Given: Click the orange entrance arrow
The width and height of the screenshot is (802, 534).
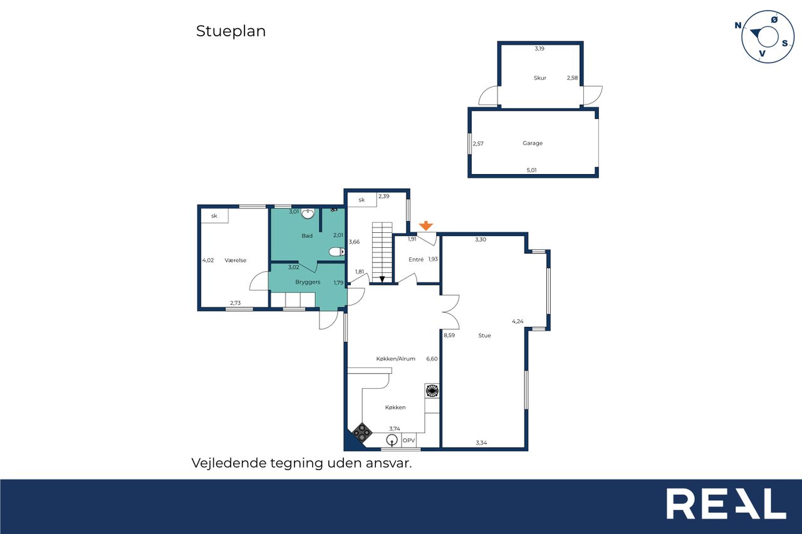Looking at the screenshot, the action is tap(425, 226).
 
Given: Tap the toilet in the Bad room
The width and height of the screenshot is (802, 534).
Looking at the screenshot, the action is tap(336, 252).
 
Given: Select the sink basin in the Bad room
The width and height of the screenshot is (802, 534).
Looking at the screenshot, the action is tap(308, 213).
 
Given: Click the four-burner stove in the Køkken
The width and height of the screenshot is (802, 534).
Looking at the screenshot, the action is tap(362, 433).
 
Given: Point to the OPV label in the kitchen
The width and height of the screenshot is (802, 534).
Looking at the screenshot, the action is tap(409, 440).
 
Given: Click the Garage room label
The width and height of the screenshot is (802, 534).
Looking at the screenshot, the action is tap(533, 143).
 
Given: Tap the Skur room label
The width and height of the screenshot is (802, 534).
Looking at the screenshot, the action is tap(540, 78).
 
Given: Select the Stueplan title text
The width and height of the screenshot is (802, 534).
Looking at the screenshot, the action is tap(231, 31).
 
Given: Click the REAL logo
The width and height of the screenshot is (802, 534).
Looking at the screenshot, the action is tap(726, 503).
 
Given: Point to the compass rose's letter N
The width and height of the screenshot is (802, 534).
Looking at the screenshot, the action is tap(738, 26).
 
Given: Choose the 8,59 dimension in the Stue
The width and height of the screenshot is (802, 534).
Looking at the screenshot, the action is tap(449, 335).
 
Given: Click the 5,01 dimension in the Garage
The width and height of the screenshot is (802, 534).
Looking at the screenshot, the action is tap(532, 170).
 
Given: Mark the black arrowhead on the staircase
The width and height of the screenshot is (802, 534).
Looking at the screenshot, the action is tap(382, 279).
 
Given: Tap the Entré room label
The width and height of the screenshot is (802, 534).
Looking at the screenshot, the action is tap(416, 260).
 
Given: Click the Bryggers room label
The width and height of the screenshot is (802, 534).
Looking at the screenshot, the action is tap(308, 282).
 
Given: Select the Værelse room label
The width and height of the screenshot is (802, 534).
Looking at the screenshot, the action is tap(236, 260).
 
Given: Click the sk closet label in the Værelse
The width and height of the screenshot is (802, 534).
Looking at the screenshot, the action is tap(214, 216).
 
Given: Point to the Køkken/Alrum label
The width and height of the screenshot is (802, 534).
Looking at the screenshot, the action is tap(395, 359).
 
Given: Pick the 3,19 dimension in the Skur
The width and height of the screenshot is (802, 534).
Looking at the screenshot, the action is tap(539, 49).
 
